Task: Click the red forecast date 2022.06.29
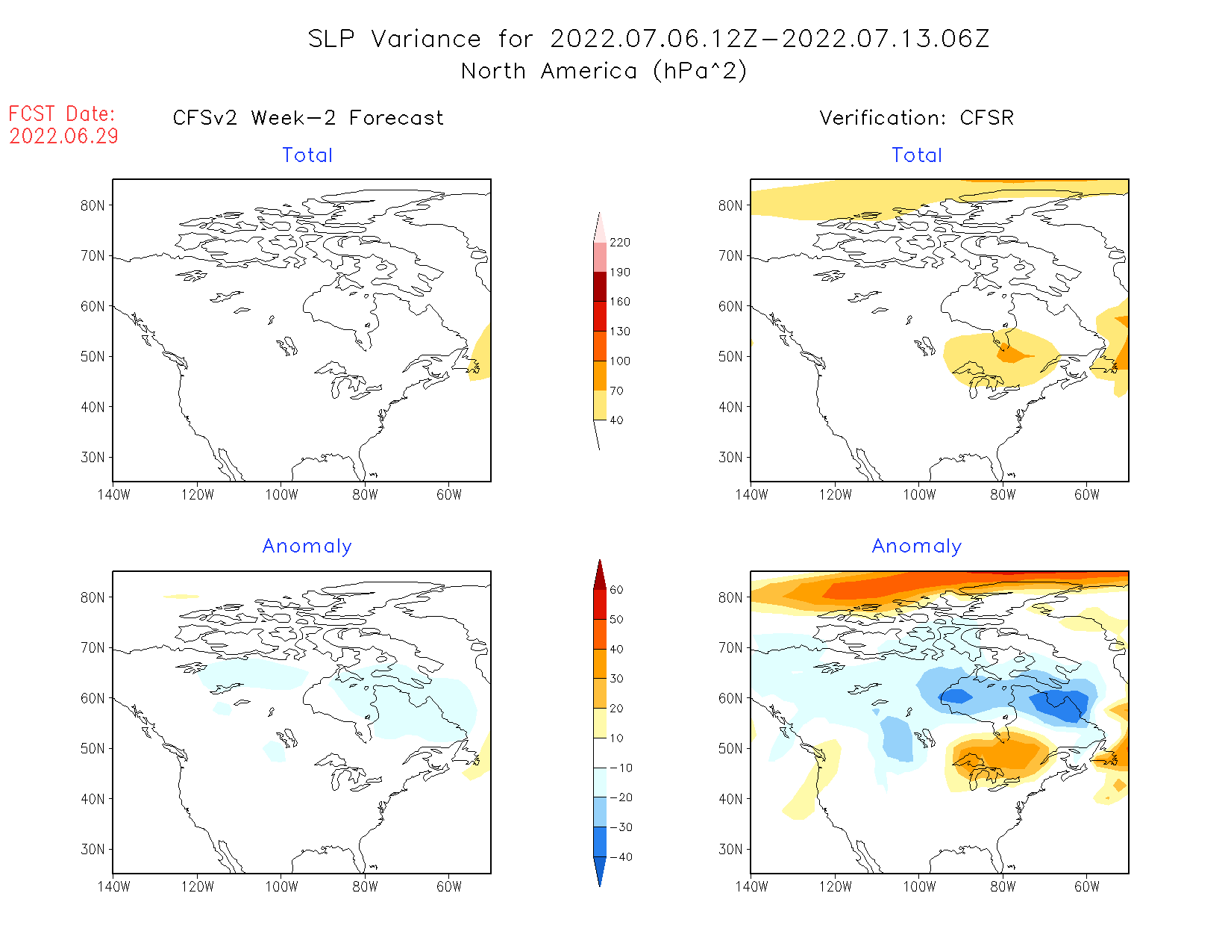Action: point(63,136)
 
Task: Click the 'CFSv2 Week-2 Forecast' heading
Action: point(307,118)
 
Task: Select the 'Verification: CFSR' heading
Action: point(916,118)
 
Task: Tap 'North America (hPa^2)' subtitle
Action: point(604,71)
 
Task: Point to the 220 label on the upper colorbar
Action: point(619,243)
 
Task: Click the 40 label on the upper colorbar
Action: point(616,420)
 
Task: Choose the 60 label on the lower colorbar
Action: point(616,590)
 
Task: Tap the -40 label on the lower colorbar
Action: point(621,857)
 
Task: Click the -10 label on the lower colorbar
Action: point(621,768)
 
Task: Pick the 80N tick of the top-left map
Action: point(93,205)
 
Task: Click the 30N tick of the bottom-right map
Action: point(730,849)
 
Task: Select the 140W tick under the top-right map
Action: point(751,494)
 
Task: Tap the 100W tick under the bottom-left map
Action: point(281,886)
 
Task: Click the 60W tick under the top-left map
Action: point(449,494)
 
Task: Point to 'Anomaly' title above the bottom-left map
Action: point(307,546)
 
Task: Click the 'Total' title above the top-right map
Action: point(917,155)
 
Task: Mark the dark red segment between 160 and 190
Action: point(600,287)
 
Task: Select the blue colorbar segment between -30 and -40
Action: point(600,841)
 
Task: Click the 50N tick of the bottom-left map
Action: point(93,748)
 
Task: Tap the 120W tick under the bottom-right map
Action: point(835,886)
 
